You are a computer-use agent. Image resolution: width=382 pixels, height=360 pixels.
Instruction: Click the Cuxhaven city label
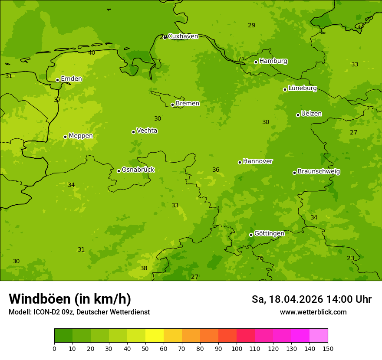click(x=183, y=36)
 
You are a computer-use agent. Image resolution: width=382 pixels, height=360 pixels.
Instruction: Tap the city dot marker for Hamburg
click(x=256, y=62)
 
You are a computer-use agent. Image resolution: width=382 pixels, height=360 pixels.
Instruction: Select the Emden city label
click(x=71, y=79)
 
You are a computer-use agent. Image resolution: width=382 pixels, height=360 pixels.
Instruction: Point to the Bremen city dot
click(x=172, y=105)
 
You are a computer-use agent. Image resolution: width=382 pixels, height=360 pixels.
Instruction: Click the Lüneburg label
click(x=302, y=88)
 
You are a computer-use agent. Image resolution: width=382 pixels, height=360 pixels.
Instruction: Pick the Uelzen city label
click(x=311, y=114)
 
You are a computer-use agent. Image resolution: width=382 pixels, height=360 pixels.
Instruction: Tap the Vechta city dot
click(x=133, y=132)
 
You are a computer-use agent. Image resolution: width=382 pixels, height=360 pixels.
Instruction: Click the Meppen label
click(x=81, y=136)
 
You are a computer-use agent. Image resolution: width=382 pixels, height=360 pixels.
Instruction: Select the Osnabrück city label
click(x=138, y=170)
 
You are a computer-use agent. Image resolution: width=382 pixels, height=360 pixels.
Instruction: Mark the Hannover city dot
click(x=240, y=162)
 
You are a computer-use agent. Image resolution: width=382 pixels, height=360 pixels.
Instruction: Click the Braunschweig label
click(x=319, y=172)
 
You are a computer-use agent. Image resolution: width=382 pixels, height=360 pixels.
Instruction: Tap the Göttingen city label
click(x=269, y=233)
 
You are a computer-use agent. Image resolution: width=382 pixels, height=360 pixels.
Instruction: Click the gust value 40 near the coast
click(x=92, y=53)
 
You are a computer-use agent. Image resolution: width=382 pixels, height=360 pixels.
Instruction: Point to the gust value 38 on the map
click(x=144, y=268)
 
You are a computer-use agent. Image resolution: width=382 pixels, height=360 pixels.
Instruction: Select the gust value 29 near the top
click(x=252, y=26)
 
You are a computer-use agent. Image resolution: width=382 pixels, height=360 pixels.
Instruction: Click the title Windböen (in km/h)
click(x=70, y=299)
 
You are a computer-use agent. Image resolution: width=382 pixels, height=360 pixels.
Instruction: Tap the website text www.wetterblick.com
click(x=313, y=312)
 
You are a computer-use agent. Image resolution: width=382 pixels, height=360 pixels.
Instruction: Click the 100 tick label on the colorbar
click(x=237, y=348)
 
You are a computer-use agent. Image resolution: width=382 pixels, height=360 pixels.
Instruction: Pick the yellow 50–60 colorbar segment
click(x=155, y=336)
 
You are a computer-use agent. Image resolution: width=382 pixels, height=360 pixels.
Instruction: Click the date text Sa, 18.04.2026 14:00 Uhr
click(x=311, y=299)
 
